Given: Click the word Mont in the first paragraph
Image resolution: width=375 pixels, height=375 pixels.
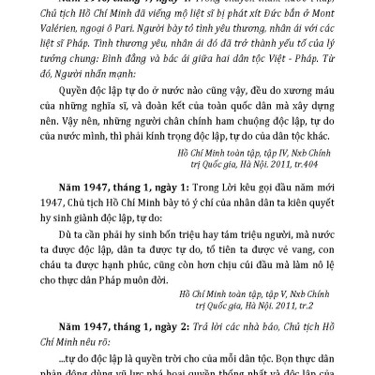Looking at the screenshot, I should [318, 25].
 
